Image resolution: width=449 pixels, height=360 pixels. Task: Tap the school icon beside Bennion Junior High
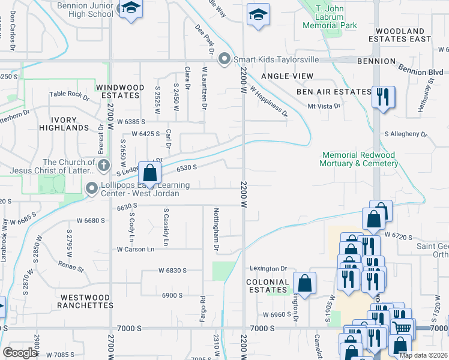tap(130, 9)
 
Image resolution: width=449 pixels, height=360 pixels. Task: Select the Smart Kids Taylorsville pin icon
tap(224, 59)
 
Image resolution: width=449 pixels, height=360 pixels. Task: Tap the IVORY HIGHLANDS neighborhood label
tap(64, 124)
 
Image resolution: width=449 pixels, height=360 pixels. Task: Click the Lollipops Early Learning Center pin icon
tap(91, 189)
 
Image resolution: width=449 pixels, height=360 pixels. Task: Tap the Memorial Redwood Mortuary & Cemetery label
tap(358, 159)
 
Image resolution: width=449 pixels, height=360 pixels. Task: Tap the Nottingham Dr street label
tap(216, 228)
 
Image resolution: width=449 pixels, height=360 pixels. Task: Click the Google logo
tap(20, 353)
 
